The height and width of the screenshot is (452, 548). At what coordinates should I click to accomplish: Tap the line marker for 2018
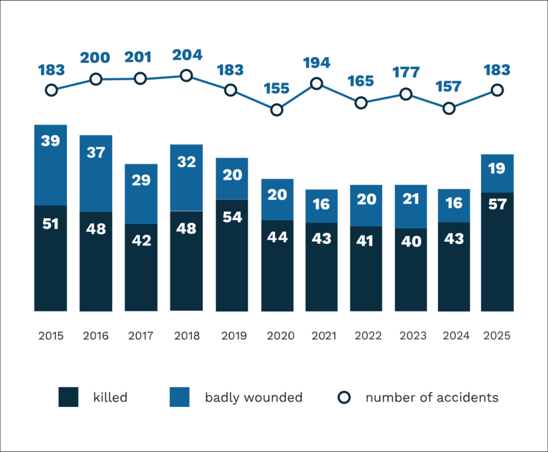click(x=186, y=76)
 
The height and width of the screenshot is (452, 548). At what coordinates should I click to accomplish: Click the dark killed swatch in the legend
click(x=68, y=398)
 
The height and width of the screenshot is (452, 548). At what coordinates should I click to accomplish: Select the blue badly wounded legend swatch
click(x=180, y=398)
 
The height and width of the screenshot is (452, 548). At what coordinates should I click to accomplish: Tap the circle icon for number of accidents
click(x=344, y=398)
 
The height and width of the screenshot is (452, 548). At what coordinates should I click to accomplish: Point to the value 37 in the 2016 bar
click(x=95, y=152)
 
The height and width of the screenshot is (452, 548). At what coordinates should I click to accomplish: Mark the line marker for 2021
click(x=317, y=84)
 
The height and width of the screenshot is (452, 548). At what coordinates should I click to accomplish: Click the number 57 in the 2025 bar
click(x=497, y=204)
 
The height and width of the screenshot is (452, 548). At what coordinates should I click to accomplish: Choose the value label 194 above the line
click(x=317, y=64)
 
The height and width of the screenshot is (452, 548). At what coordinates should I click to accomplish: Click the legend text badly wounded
click(x=253, y=398)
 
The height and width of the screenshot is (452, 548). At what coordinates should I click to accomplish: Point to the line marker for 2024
click(x=449, y=108)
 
